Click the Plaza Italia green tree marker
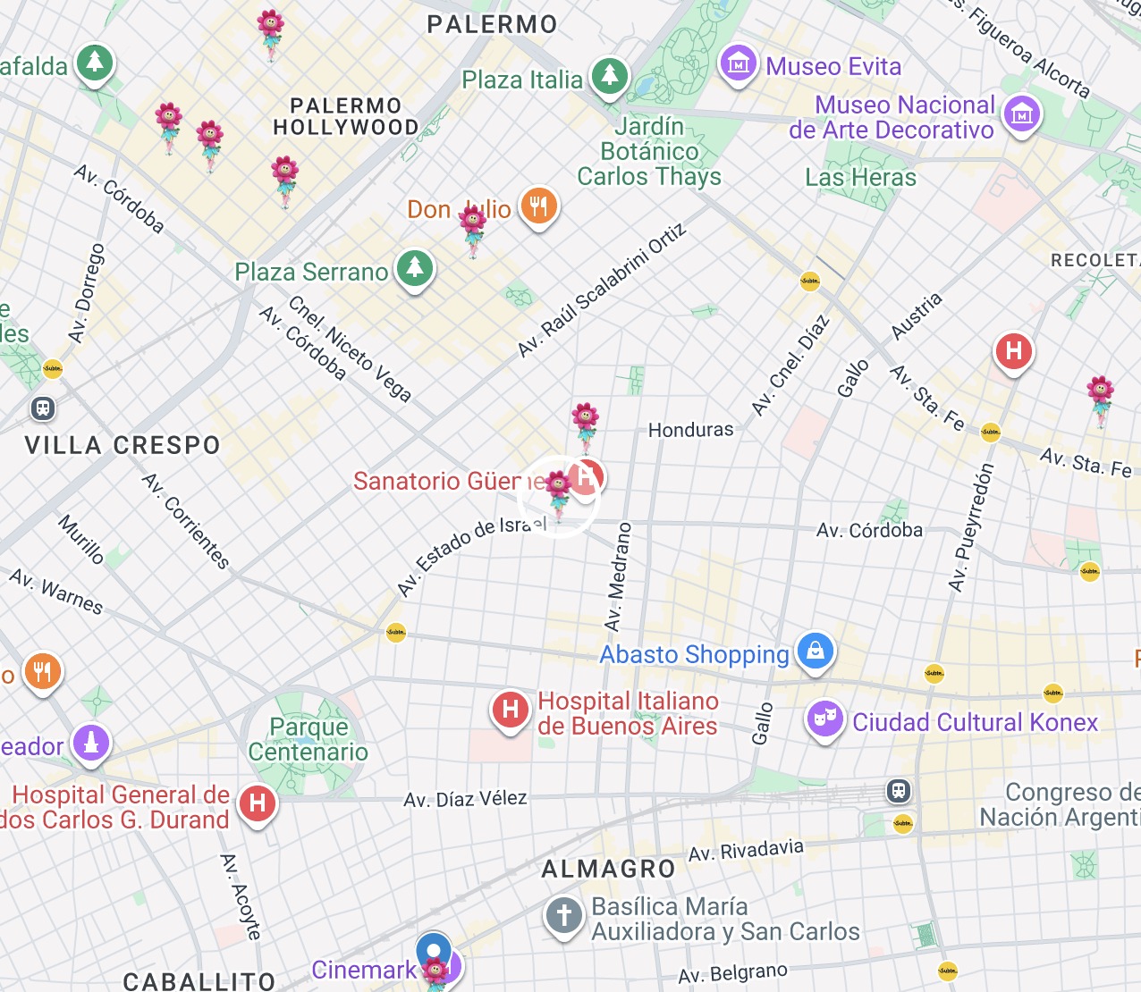(610, 75)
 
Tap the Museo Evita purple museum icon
(738, 63)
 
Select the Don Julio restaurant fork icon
(537, 207)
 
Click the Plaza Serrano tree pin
(414, 268)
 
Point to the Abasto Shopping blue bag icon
(815, 652)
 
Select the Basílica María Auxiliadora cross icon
(563, 916)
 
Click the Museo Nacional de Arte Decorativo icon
(1021, 114)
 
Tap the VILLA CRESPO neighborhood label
(123, 445)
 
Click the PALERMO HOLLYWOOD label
(346, 117)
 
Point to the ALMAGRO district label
(608, 869)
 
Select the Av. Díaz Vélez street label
(465, 799)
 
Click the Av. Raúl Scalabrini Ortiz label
(602, 290)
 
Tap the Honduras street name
(690, 430)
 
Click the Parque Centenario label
(308, 739)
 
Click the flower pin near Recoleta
(1100, 397)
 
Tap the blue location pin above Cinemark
(434, 948)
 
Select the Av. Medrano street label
(618, 577)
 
